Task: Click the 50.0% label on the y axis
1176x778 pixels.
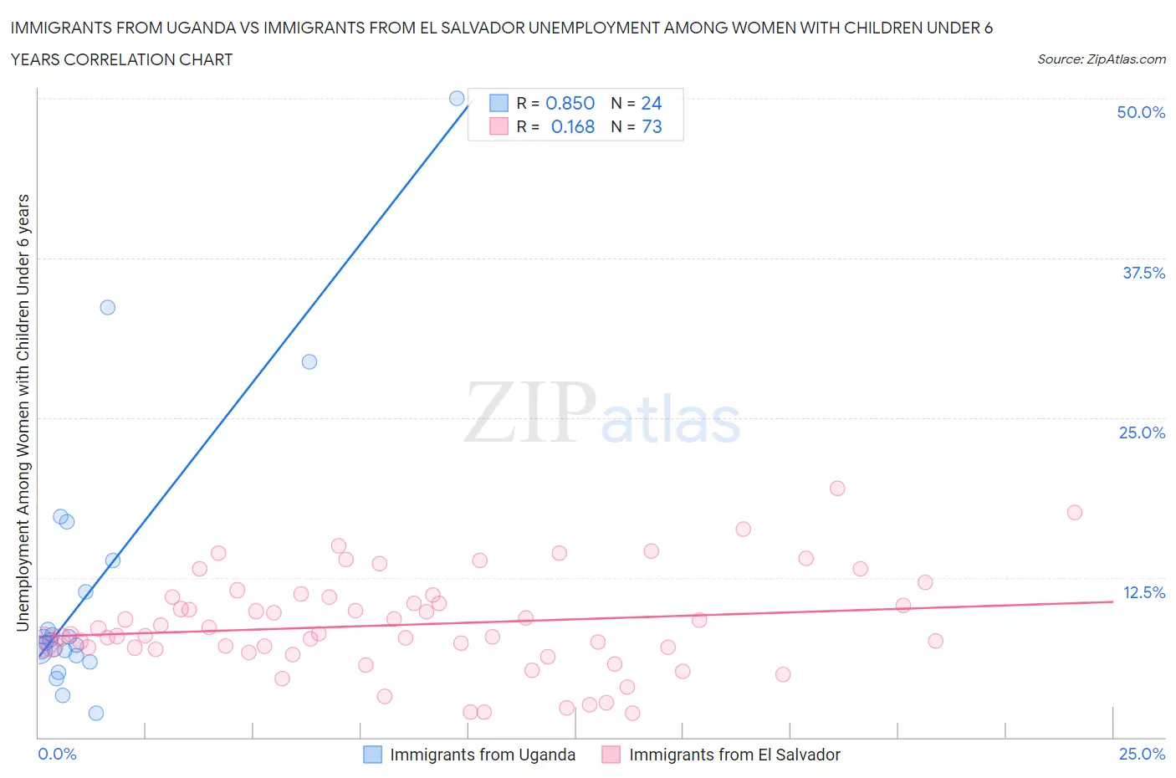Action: (x=1140, y=112)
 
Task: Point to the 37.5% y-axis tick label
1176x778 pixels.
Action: (x=1143, y=273)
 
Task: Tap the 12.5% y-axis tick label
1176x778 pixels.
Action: (x=1143, y=592)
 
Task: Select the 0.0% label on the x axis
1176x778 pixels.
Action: (x=57, y=754)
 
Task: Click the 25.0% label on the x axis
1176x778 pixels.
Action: (x=1141, y=754)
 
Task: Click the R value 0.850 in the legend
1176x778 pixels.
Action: (x=570, y=103)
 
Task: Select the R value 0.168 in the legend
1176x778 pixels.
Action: (x=572, y=126)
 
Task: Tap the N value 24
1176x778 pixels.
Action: (x=651, y=103)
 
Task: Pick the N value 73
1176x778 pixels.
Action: (x=652, y=126)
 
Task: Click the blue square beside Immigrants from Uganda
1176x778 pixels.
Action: (x=372, y=755)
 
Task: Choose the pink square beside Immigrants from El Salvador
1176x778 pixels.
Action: (x=611, y=755)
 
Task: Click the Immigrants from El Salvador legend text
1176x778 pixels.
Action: (x=734, y=755)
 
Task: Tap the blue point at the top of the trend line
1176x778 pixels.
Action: (x=457, y=98)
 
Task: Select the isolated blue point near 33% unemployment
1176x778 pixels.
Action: (x=107, y=307)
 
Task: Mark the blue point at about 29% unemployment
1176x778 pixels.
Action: (x=309, y=361)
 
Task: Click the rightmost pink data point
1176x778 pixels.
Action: (x=1075, y=512)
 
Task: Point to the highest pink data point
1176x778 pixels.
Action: (x=837, y=488)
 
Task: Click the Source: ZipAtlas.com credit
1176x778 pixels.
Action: (x=1101, y=59)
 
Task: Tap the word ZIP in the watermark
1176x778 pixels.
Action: (x=529, y=412)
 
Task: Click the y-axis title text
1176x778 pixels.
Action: (x=23, y=412)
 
